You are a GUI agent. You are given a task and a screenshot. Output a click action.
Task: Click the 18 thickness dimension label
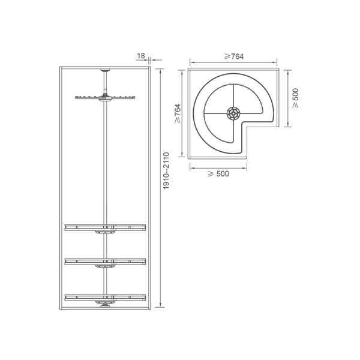click(141, 56)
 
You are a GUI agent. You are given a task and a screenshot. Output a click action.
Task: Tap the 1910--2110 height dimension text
click(166, 171)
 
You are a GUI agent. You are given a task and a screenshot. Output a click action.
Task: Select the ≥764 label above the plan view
click(234, 56)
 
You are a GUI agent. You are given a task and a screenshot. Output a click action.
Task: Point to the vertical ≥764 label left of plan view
click(178, 113)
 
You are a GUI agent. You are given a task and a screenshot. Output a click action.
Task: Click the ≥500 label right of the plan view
click(296, 98)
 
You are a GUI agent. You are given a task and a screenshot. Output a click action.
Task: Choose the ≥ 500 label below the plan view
click(218, 174)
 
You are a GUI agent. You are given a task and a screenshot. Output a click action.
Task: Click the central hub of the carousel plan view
click(233, 113)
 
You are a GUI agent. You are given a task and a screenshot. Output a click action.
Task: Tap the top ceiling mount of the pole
click(105, 70)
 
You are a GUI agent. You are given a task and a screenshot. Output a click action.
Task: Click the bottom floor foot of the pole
click(105, 305)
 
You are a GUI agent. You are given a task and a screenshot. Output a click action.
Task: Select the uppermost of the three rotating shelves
click(105, 228)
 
